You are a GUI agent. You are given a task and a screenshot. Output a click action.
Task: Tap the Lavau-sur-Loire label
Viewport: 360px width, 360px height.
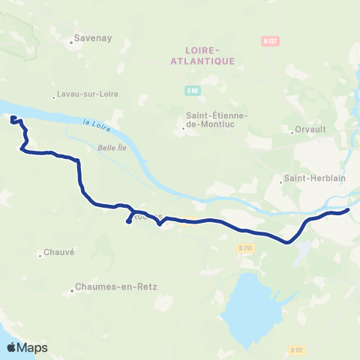pos(88,95)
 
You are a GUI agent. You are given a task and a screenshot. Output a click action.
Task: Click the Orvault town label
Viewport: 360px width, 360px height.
pos(308,128)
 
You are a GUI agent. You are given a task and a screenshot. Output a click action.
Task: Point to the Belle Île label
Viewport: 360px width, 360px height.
pos(111,148)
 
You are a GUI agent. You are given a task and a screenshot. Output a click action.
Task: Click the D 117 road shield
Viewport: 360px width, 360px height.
pos(297,349)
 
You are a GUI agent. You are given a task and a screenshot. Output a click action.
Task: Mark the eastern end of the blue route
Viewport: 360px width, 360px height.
pos(348,211)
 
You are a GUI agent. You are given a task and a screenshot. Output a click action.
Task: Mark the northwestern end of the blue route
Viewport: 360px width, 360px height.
pos(12,117)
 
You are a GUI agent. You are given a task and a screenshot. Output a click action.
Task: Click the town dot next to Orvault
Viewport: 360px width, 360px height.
pos(292,131)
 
